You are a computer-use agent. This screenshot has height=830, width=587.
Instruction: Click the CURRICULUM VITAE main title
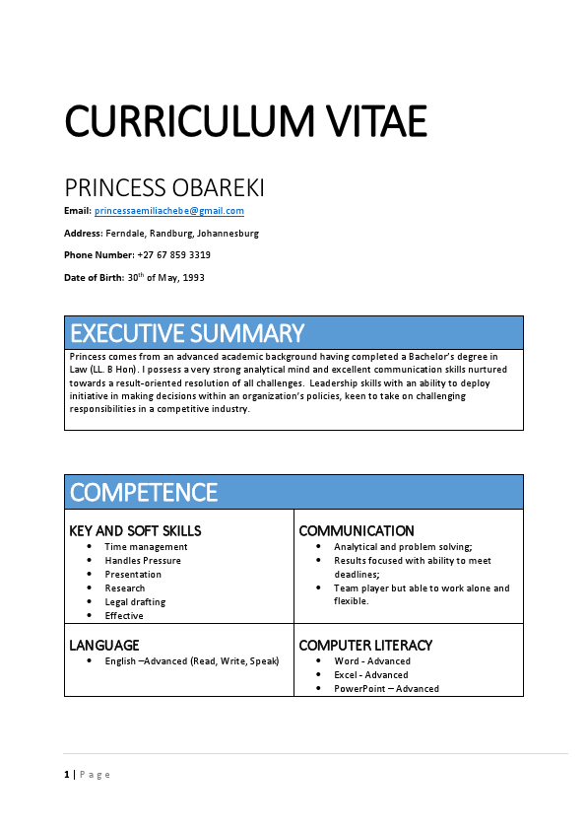[x=245, y=121]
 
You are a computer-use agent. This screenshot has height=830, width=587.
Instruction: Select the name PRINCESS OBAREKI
[x=163, y=187]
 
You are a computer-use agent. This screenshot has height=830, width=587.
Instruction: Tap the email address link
[x=168, y=211]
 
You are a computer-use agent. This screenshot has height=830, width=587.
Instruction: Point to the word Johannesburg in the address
[x=228, y=234]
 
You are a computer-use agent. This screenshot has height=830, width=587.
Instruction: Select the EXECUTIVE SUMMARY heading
[x=187, y=332]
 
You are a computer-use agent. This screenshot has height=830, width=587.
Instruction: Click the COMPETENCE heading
[x=144, y=492]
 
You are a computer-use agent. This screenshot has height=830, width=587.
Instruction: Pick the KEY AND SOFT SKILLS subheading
[x=135, y=531]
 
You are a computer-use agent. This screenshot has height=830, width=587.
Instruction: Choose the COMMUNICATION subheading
[x=357, y=531]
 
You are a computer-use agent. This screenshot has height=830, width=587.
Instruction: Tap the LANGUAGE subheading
[x=103, y=646]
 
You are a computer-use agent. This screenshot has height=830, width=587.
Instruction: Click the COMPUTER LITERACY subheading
[x=365, y=646]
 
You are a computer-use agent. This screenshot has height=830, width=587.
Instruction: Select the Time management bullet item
[x=146, y=547]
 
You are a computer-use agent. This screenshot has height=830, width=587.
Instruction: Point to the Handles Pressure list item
[x=143, y=561]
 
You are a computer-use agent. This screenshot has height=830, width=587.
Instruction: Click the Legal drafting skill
[x=135, y=602]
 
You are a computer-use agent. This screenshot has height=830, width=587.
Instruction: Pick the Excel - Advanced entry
[x=371, y=675]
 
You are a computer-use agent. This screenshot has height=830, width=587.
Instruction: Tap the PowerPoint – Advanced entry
[x=386, y=689]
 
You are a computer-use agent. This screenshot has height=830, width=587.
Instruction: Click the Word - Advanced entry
[x=372, y=661]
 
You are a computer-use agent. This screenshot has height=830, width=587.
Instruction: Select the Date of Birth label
[x=95, y=278]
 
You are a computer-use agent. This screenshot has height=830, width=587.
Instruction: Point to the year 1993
[x=192, y=278]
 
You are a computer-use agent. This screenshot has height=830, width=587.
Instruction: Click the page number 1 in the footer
[x=67, y=775]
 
